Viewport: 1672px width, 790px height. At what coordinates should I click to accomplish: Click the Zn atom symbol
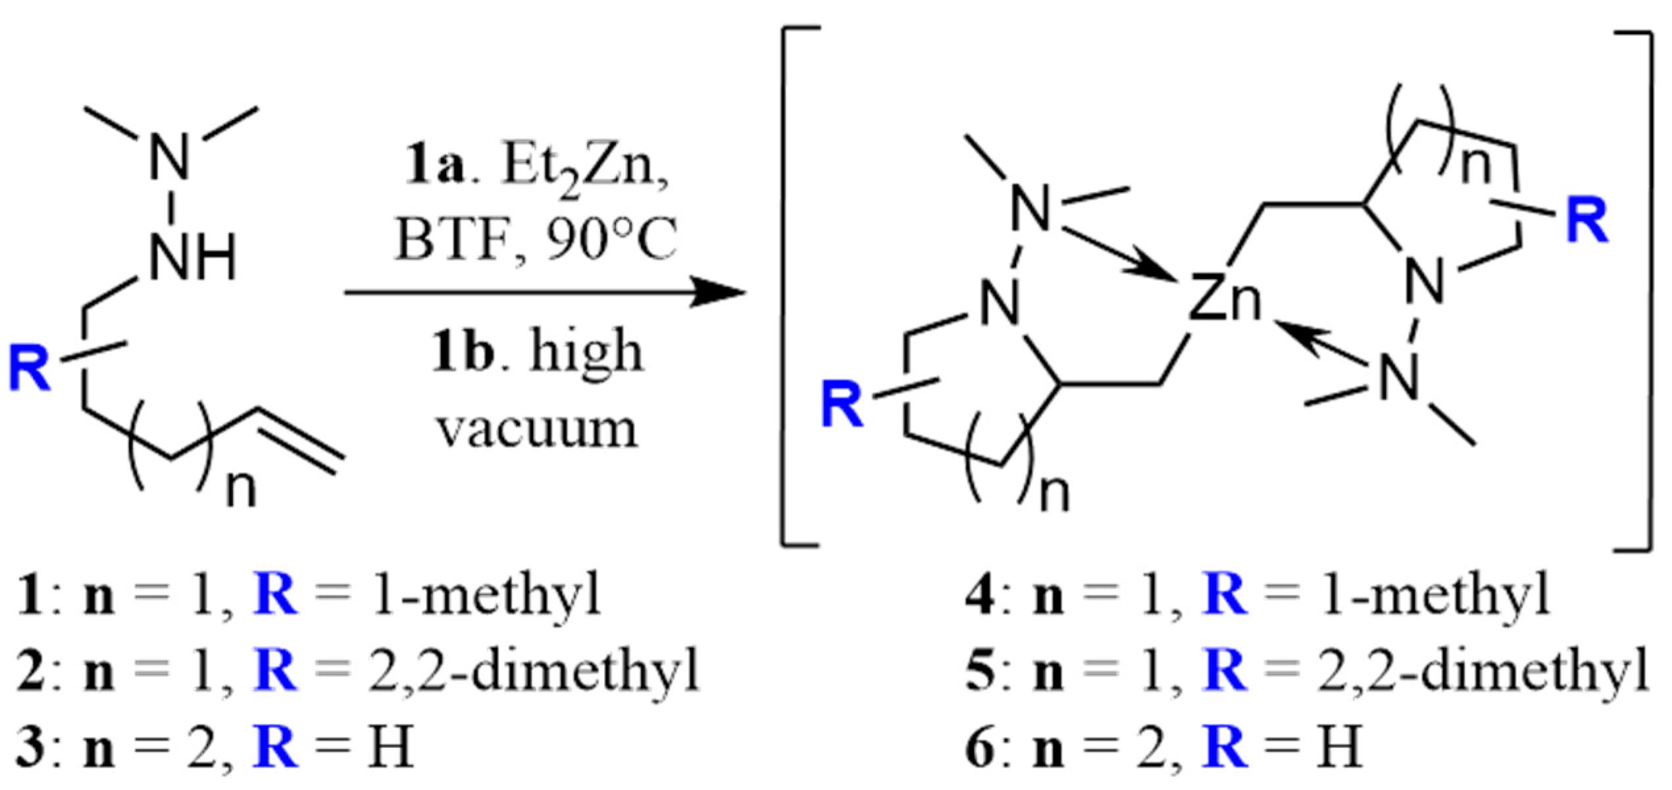(x=1225, y=300)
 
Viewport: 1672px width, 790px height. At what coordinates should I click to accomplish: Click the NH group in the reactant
(x=192, y=258)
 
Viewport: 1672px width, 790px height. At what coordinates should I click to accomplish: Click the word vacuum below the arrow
(x=538, y=429)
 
